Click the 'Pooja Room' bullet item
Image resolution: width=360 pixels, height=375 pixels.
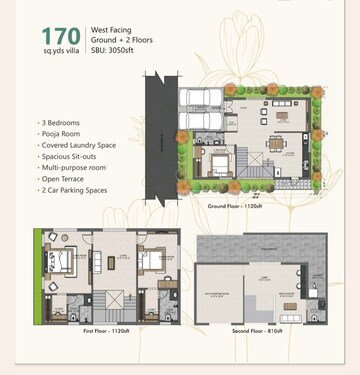coord(61,133)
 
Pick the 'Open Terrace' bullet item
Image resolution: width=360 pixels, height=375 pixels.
coord(64,177)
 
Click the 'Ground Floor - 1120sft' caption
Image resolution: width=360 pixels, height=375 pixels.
coord(236,206)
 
